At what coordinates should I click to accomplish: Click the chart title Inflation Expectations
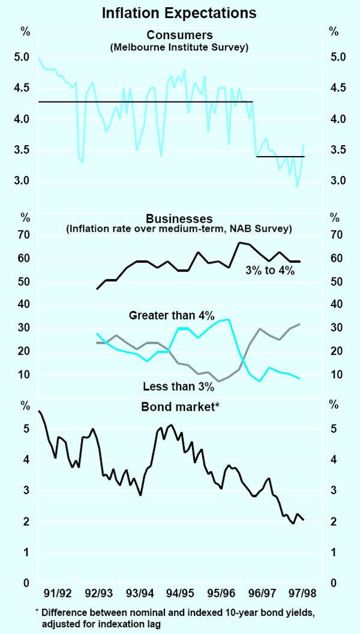tap(180, 13)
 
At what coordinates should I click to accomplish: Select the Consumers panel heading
tap(179, 35)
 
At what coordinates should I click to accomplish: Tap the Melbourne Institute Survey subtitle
tap(179, 46)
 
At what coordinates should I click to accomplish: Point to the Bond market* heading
tap(179, 407)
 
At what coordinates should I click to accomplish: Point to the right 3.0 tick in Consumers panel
tap(337, 181)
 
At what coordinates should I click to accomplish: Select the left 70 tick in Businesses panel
tap(23, 235)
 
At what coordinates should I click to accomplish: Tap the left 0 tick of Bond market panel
tap(26, 583)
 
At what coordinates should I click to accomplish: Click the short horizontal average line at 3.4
tap(280, 157)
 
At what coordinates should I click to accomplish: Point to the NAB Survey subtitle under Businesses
tap(179, 228)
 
